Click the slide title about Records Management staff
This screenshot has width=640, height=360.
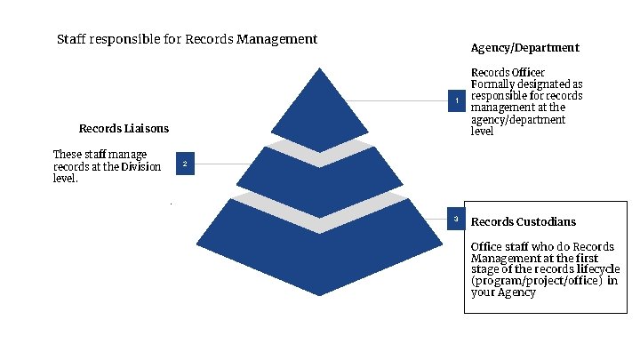(187, 39)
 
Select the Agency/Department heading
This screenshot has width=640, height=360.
(524, 47)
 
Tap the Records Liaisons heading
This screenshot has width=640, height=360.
(124, 128)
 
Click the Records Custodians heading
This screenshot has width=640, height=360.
(524, 221)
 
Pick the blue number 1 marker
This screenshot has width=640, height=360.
(457, 101)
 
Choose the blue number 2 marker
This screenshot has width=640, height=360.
(184, 164)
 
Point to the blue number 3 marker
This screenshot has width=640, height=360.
(457, 219)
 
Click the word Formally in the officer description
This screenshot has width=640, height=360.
(492, 84)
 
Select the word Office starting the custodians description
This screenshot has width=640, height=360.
(486, 246)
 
